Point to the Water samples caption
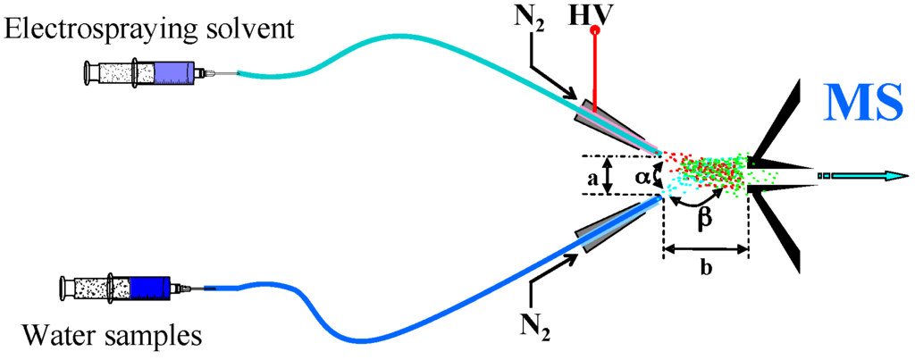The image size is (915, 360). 113,336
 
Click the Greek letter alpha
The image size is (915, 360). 642,178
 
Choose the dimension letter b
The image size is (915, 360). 706,269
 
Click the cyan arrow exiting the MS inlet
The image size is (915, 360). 867,176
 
